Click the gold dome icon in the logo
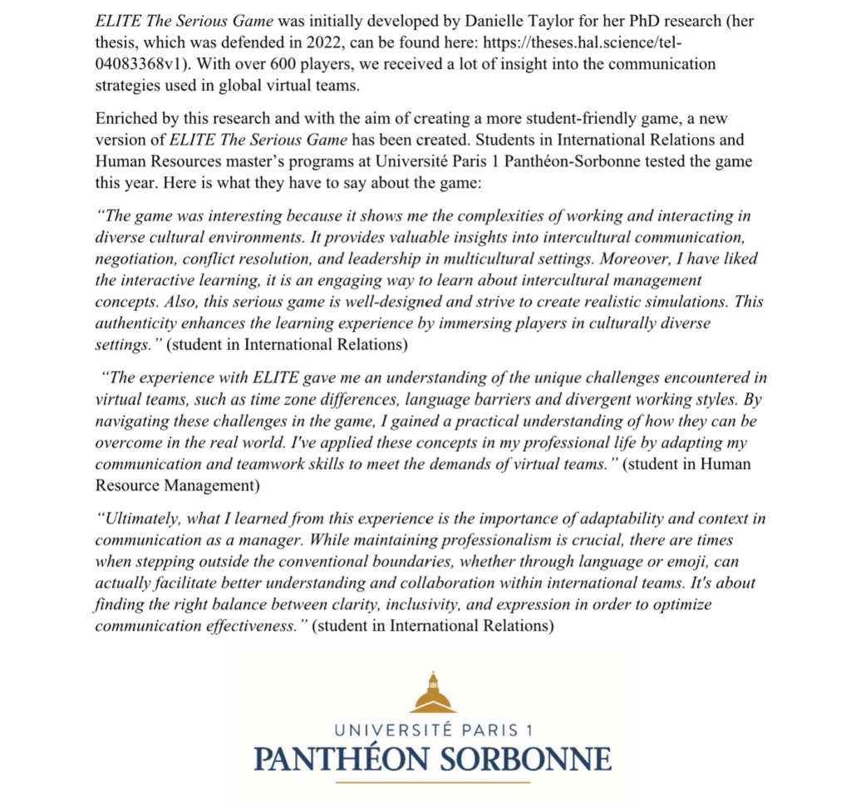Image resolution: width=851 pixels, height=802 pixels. (432, 693)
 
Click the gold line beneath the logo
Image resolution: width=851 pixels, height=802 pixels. (432, 781)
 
